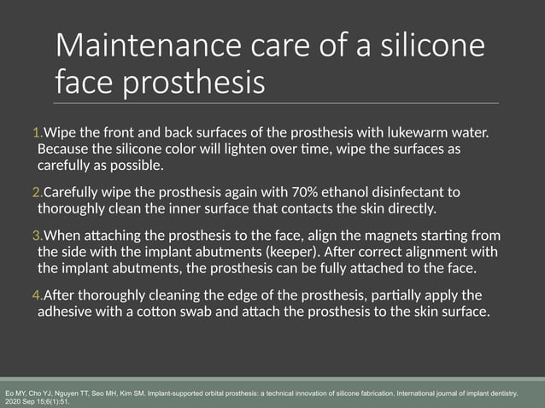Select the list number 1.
pyautogui.click(x=35, y=133)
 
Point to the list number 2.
pyautogui.click(x=35, y=192)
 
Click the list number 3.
pyautogui.click(x=35, y=236)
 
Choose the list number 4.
pyautogui.click(x=35, y=295)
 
